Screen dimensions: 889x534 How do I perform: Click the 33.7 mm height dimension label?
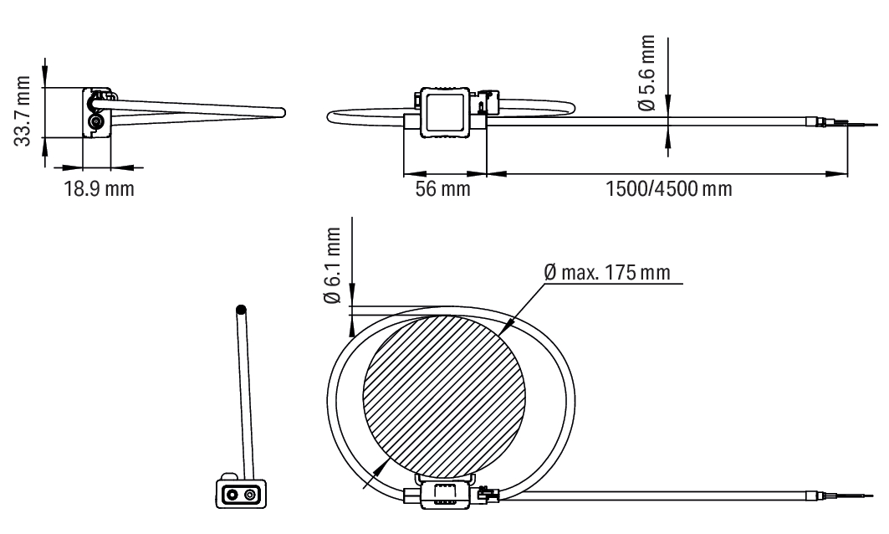[22, 111]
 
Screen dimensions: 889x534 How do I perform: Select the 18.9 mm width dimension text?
[99, 188]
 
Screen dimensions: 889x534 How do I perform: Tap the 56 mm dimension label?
[442, 188]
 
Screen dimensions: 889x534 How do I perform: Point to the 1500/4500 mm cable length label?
[669, 188]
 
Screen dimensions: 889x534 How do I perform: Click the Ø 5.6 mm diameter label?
[646, 73]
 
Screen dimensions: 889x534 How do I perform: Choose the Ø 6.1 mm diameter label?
[333, 265]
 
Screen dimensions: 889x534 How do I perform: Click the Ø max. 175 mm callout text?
[606, 272]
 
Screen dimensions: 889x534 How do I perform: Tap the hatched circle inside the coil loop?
[444, 397]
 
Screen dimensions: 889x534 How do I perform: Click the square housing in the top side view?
[445, 112]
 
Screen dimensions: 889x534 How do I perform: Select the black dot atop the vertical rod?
[241, 311]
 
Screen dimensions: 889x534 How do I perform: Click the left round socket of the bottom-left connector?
[232, 495]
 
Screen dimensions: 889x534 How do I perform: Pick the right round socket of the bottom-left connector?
[249, 495]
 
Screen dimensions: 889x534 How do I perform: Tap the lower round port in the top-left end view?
[95, 122]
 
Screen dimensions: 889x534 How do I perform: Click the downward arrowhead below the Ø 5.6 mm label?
[668, 105]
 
